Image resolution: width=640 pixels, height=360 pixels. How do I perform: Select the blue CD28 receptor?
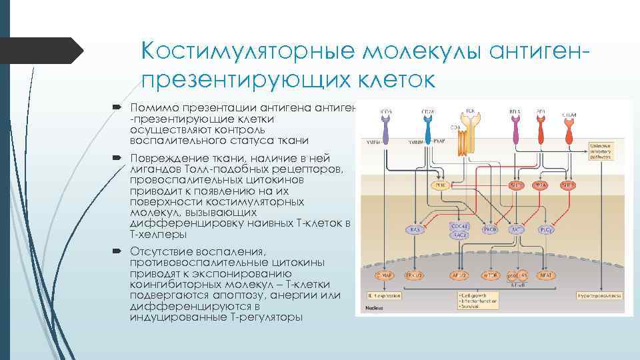tap(428, 123)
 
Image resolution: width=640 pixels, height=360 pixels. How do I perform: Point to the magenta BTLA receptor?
tap(515, 123)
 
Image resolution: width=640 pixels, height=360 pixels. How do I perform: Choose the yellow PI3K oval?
tap(441, 186)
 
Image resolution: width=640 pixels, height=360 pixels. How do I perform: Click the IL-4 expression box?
tap(385, 293)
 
